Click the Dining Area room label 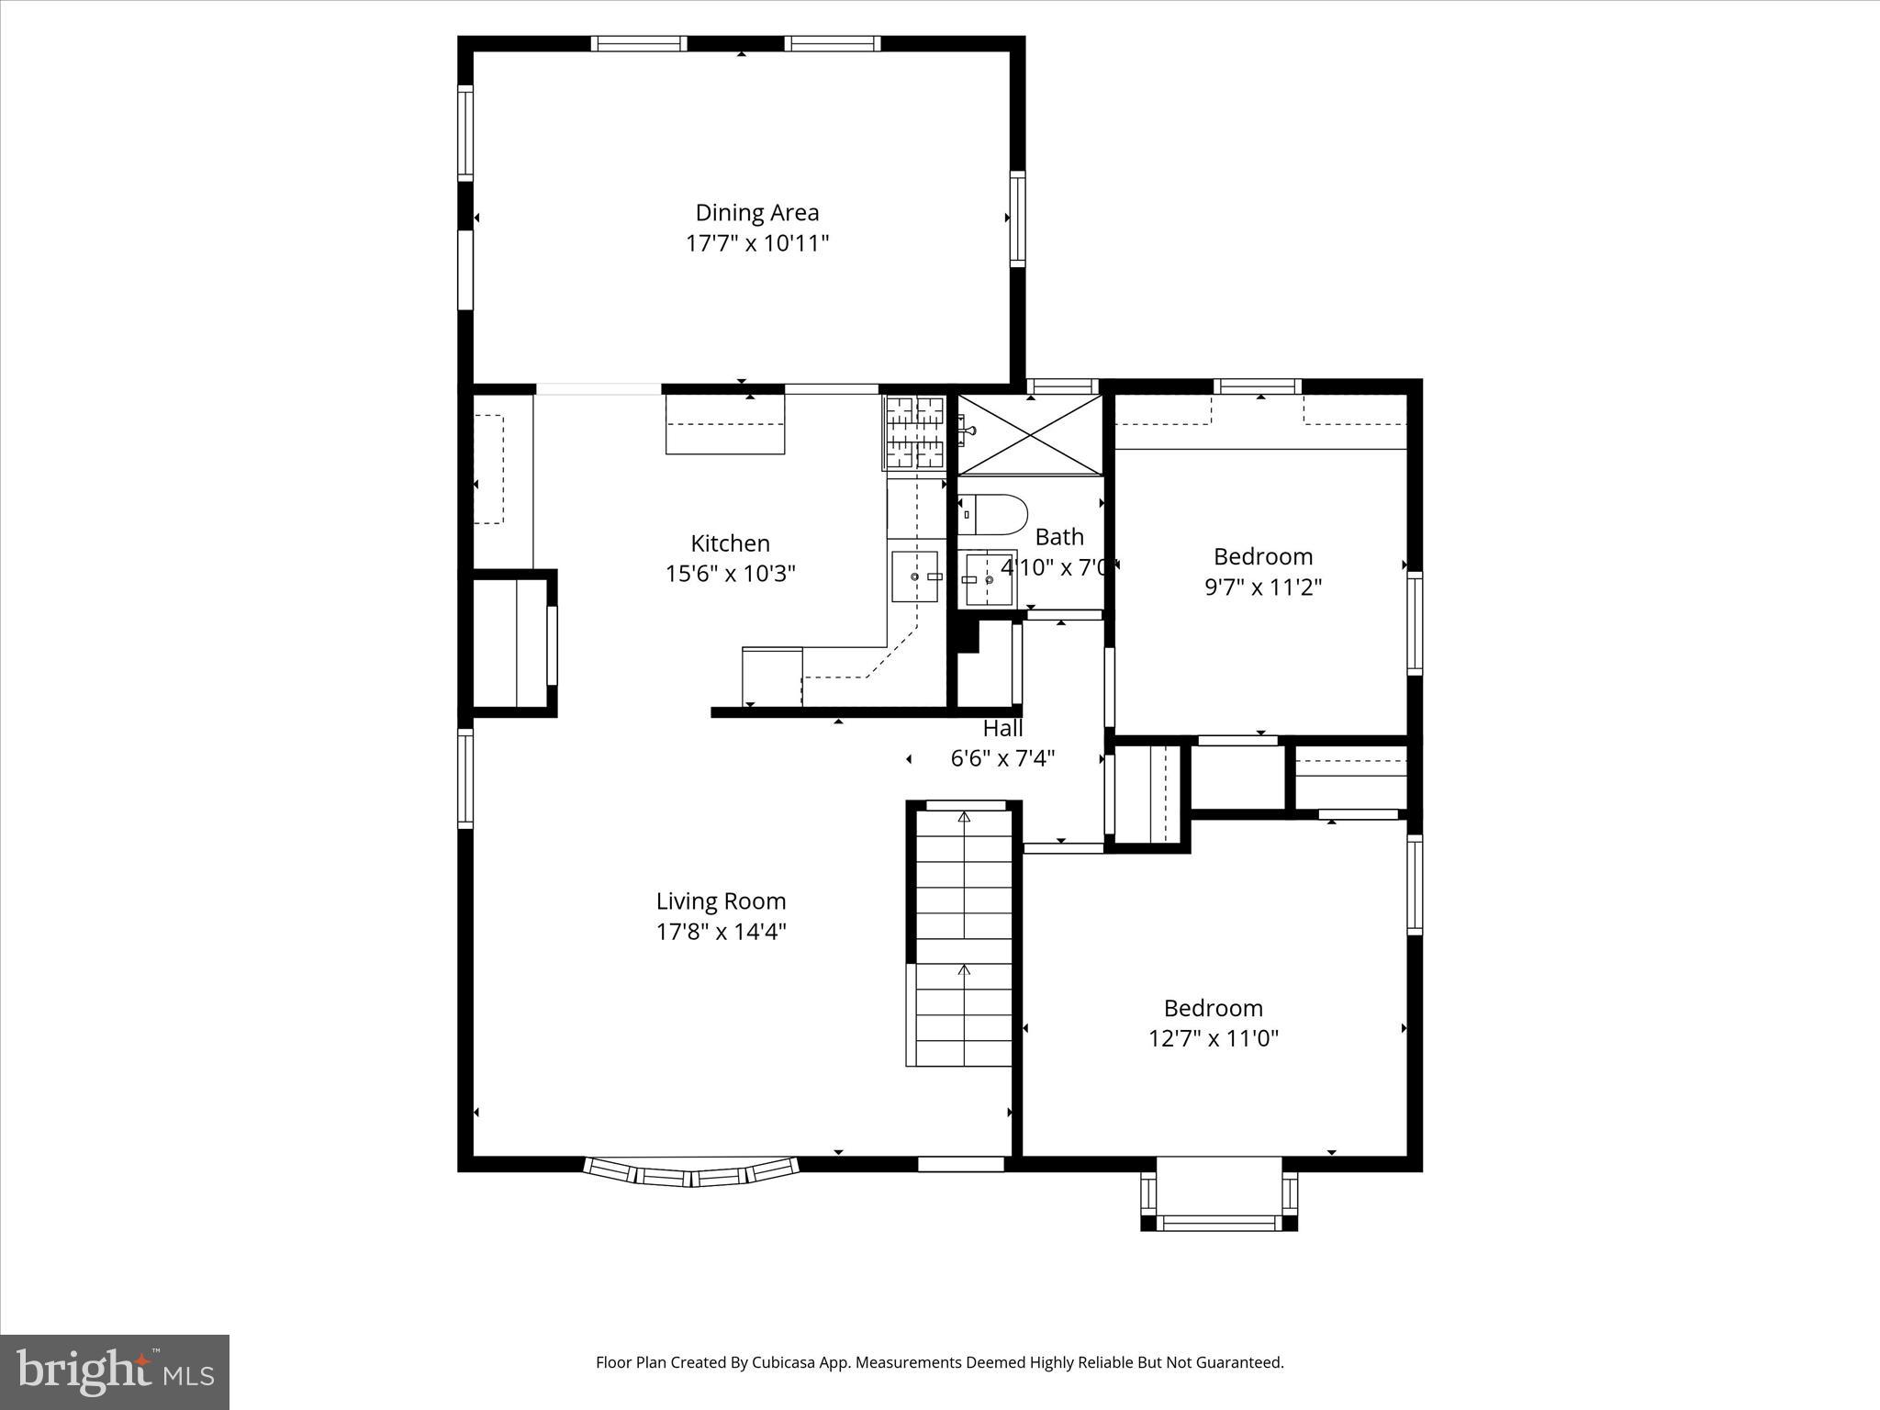coord(756,213)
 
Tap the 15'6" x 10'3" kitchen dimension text coord(730,574)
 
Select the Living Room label coord(721,901)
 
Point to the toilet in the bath coord(991,515)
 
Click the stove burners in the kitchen coord(914,432)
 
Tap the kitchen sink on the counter coord(914,576)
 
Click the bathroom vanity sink coord(986,579)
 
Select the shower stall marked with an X coord(1030,435)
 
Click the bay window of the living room coord(691,1172)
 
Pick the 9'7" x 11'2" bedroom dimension coord(1262,587)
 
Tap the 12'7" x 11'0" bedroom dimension coord(1213,1038)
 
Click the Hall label coord(1002,729)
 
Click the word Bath coord(1059,537)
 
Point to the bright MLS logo coord(115,1371)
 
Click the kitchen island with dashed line coord(724,424)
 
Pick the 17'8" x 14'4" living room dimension coord(721,932)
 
